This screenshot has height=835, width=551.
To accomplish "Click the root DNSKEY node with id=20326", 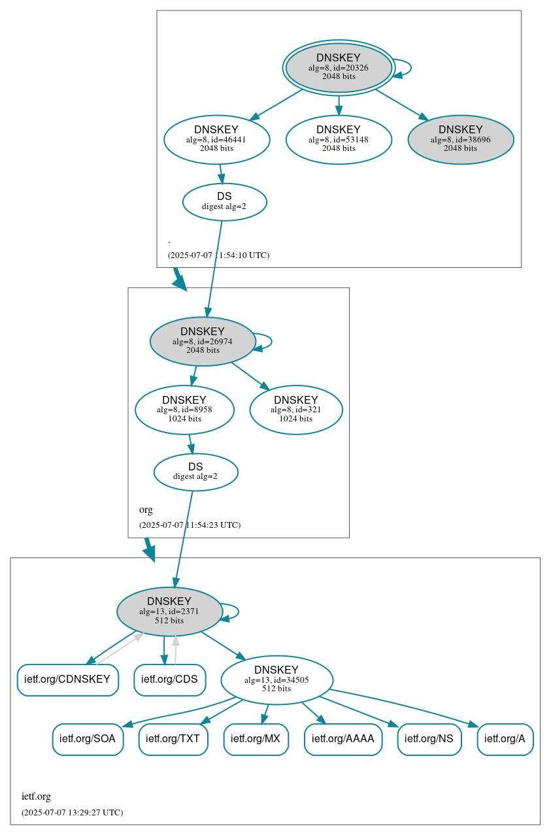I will (x=339, y=67).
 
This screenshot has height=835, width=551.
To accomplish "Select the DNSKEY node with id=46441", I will (x=216, y=139).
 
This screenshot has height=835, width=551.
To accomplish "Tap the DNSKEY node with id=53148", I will (x=339, y=139).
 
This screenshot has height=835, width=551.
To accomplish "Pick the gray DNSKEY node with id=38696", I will (x=460, y=139).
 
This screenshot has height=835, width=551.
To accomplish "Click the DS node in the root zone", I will (x=224, y=201).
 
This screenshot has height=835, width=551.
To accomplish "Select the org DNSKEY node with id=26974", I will (x=202, y=341).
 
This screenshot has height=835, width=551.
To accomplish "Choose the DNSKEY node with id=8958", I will (x=184, y=410).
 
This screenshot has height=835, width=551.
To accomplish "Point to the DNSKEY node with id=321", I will (x=295, y=410).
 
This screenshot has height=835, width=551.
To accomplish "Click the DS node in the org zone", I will (x=195, y=472).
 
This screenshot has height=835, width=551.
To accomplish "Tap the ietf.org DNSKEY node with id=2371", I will (x=169, y=611).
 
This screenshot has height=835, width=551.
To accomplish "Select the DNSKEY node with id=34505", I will (x=276, y=679).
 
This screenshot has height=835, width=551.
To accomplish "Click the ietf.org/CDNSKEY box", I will (x=67, y=679).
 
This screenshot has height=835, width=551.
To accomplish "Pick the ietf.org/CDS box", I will (x=169, y=679).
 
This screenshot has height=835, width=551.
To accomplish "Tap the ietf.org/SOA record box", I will (x=88, y=739).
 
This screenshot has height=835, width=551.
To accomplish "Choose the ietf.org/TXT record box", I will (x=173, y=739).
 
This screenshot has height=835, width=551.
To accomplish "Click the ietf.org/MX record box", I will (x=256, y=739).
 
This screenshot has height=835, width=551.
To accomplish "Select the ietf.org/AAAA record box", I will (x=342, y=739).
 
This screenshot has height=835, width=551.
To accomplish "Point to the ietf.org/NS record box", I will (x=429, y=739).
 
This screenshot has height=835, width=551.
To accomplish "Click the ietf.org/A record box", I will (x=505, y=739).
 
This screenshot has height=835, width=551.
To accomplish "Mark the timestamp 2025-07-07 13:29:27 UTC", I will (x=72, y=813).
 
